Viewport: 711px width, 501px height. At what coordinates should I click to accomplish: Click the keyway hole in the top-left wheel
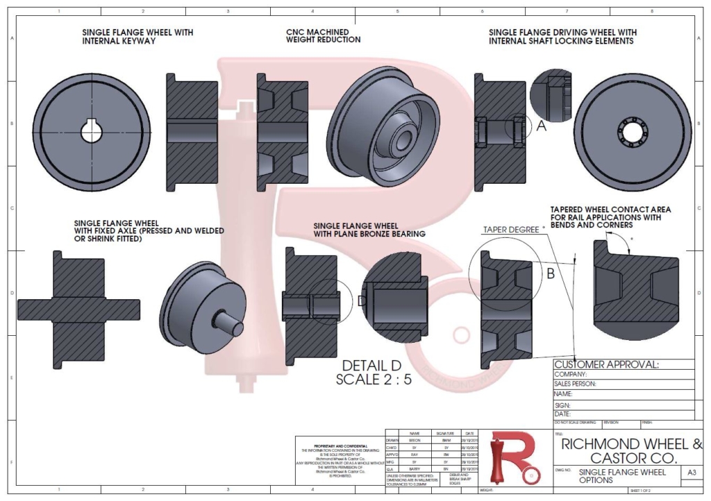(x=91, y=131)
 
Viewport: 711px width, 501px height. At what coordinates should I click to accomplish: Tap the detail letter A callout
(x=542, y=126)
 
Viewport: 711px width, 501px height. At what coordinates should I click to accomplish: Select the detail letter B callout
(x=550, y=273)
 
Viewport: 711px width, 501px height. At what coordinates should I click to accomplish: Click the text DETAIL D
(x=371, y=366)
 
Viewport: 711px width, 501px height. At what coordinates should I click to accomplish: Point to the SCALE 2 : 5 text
(x=371, y=380)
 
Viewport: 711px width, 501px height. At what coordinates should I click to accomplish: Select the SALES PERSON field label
(x=576, y=384)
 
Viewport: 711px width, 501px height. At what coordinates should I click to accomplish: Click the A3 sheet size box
(x=691, y=473)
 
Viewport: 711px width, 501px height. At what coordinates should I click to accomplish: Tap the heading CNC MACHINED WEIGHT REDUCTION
(x=323, y=36)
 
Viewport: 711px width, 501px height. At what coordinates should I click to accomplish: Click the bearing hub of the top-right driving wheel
(x=633, y=131)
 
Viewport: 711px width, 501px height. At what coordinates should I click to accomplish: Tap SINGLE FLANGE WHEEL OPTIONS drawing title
(x=621, y=476)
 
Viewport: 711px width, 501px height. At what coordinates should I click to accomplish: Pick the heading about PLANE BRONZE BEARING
(x=369, y=230)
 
